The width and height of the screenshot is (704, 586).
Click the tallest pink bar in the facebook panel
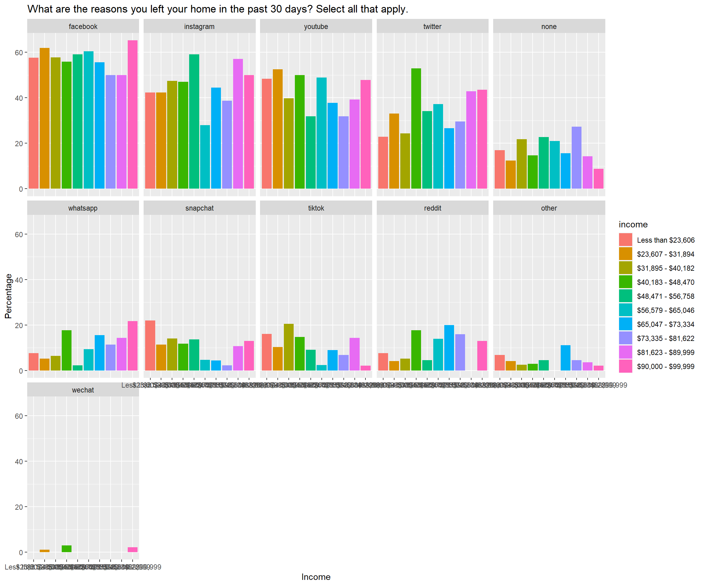[132, 114]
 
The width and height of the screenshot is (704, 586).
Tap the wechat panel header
[83, 390]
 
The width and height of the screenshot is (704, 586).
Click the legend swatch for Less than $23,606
[625, 240]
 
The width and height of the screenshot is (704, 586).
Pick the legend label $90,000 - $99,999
[665, 366]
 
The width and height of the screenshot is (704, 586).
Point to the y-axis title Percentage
[8, 296]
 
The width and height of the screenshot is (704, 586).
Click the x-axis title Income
[316, 577]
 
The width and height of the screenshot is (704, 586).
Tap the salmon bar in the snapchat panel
[150, 345]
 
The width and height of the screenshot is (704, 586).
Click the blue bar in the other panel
[565, 358]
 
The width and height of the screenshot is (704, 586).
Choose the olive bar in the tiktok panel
[289, 347]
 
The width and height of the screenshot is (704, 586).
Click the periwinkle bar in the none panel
[576, 157]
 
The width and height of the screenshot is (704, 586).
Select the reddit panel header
[432, 208]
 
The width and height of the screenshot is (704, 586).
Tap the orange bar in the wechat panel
[45, 551]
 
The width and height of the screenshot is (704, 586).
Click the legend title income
[633, 224]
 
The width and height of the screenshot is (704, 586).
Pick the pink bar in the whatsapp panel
[132, 345]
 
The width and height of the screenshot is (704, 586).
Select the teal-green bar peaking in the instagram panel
[194, 121]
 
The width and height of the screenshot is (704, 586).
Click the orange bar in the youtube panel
[277, 128]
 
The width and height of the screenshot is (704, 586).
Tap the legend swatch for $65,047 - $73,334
[625, 324]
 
